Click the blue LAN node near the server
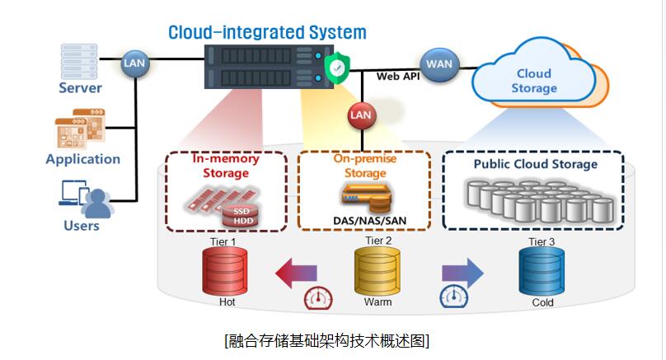coord(134,63)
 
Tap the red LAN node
coord(362,115)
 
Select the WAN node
coord(439,64)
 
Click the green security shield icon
coord(337,67)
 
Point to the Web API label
coord(397,77)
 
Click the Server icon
coord(79,62)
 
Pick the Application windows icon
coord(80,129)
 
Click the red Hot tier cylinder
coord(225,271)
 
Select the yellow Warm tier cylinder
coord(378,271)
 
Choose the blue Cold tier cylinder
coord(542,271)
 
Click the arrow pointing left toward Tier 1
coord(296,273)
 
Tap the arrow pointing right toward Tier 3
coord(462,273)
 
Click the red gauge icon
coord(318,298)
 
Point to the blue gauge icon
coord(453,297)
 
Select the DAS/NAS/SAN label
coord(369,221)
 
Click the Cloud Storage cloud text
coord(534,81)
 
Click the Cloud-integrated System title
coord(267,33)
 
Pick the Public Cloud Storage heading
coord(535,164)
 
